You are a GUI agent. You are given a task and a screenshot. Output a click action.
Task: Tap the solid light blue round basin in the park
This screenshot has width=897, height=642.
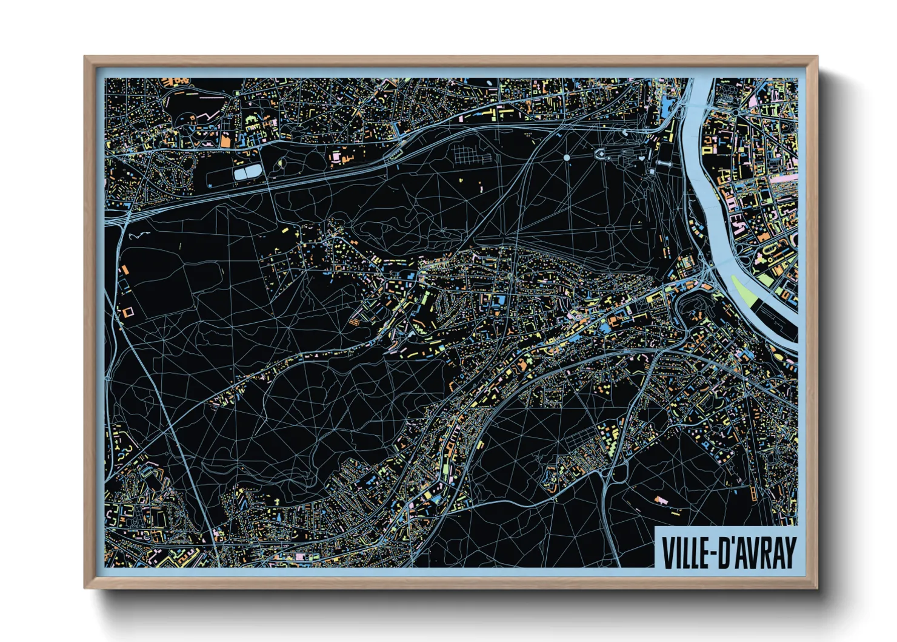tap(567, 158)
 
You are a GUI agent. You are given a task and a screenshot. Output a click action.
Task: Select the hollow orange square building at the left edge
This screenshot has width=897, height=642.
tap(128, 313)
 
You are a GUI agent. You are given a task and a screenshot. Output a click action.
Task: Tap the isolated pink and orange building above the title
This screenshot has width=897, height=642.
tap(659, 500)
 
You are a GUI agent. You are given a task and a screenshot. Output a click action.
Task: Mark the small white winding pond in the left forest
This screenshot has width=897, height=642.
tap(139, 235)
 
